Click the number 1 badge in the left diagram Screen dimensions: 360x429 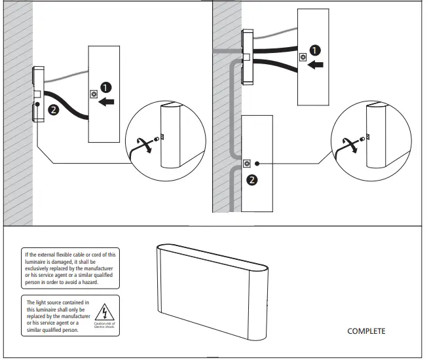pos(107,87)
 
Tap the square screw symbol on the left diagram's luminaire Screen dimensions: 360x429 pos(94,94)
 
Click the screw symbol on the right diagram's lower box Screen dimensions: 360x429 pos(247,163)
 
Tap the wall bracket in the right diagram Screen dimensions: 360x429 pos(246,57)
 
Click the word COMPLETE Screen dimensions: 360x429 pos(366,331)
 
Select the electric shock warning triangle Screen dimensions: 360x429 pos(103,312)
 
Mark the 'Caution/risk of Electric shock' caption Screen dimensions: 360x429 pos(104,325)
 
